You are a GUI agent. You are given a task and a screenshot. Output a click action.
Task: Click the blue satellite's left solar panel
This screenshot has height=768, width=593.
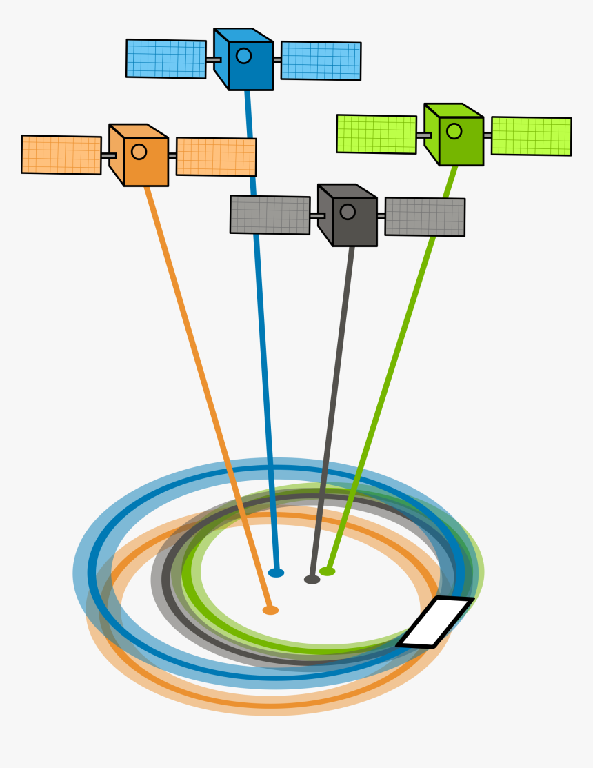pyautogui.click(x=166, y=59)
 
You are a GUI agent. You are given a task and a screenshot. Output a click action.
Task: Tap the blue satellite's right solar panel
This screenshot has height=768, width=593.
pyautogui.click(x=321, y=61)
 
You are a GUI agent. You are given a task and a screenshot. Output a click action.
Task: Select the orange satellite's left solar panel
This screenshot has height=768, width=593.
pyautogui.click(x=61, y=155)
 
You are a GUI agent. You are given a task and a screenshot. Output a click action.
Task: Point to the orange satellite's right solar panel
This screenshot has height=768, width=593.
pyautogui.click(x=216, y=157)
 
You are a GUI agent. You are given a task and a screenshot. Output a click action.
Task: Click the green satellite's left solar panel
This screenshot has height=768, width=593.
pyautogui.click(x=376, y=134)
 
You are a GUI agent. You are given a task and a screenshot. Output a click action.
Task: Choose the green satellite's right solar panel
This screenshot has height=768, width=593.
pyautogui.click(x=531, y=136)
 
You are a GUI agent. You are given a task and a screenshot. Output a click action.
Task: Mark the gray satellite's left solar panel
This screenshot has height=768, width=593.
pyautogui.click(x=270, y=215)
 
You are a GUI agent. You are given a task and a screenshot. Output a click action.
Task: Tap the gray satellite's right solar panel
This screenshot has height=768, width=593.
pyautogui.click(x=425, y=217)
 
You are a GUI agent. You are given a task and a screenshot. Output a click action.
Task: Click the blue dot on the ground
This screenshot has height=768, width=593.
pyautogui.click(x=276, y=573)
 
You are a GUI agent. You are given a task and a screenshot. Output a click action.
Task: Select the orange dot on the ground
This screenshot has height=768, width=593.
pyautogui.click(x=270, y=610)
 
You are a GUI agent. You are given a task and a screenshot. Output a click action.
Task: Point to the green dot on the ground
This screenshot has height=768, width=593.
pyautogui.click(x=328, y=571)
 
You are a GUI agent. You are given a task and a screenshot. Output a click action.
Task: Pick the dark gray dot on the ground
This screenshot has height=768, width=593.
pyautogui.click(x=312, y=580)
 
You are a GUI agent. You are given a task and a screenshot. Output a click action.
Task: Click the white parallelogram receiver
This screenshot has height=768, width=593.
pyautogui.click(x=436, y=622)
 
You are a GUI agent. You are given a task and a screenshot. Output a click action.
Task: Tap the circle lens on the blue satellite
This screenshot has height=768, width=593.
pyautogui.click(x=243, y=56)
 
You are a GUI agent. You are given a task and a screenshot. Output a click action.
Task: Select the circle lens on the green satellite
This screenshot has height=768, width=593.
pyautogui.click(x=454, y=131)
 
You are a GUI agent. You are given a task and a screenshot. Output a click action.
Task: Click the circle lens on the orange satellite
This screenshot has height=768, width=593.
pyautogui.click(x=139, y=152)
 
